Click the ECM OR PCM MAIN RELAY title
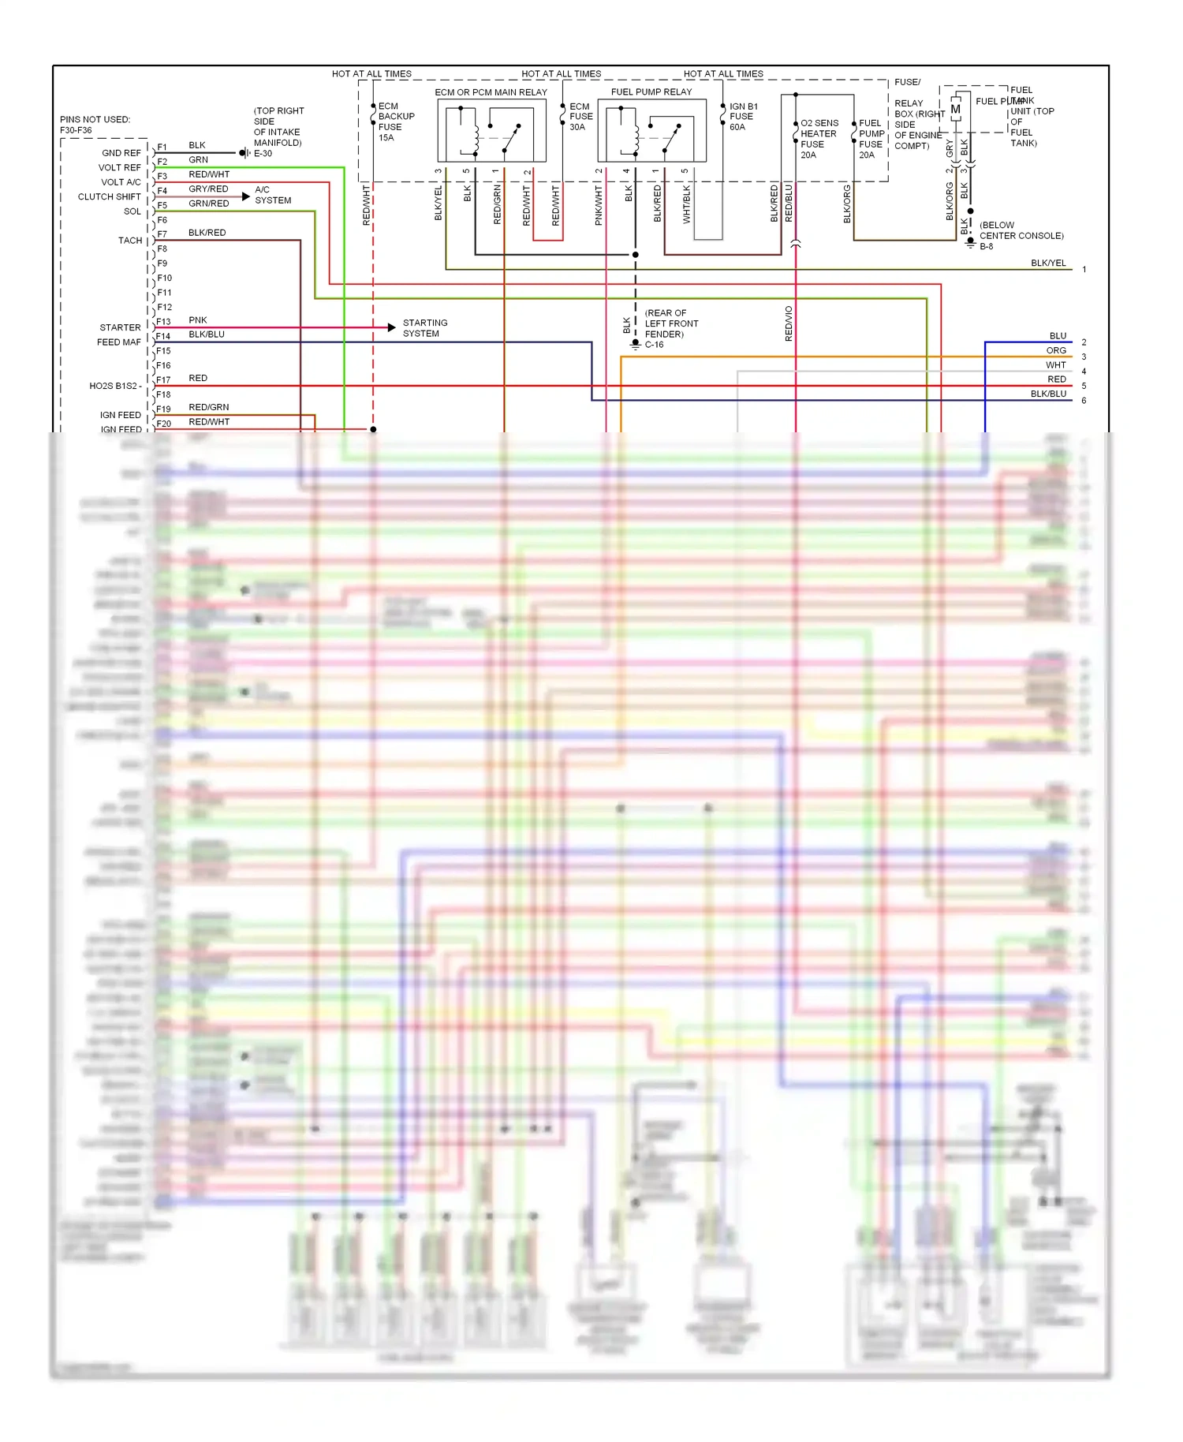[x=491, y=92]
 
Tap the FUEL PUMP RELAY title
[x=651, y=92]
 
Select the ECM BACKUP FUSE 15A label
[x=395, y=121]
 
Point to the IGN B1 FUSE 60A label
[x=743, y=117]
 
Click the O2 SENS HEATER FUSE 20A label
[x=819, y=139]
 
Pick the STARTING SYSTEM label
[x=425, y=328]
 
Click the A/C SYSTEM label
[x=273, y=195]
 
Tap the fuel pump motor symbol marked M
[x=955, y=110]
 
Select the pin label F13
[x=163, y=322]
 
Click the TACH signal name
[x=130, y=241]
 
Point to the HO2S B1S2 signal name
[x=115, y=386]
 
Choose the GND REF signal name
[x=121, y=153]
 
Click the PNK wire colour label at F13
[x=198, y=320]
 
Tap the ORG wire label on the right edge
[x=1056, y=350]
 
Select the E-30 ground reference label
[x=263, y=154]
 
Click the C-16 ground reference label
[x=655, y=345]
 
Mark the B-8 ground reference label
[x=987, y=247]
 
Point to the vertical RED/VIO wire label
[x=789, y=323]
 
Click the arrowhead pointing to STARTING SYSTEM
[x=391, y=327]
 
